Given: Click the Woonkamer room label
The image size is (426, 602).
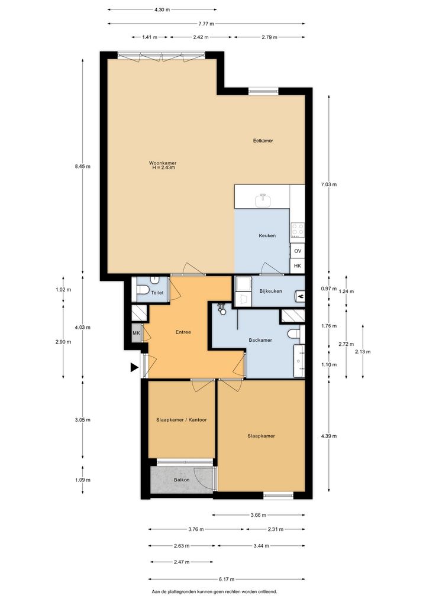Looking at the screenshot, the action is point(163,163).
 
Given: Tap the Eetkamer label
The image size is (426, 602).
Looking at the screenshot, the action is point(263,141).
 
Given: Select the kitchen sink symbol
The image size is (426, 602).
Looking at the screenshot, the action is point(263,200).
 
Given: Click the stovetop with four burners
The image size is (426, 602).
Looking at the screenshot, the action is point(298,230).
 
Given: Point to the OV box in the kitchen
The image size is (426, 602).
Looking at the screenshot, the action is point(298,251).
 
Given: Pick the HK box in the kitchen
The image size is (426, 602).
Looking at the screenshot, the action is point(298,266).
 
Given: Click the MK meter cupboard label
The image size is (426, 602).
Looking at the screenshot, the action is point(136,333).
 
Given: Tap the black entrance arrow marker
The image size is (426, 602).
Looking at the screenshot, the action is point(134,367).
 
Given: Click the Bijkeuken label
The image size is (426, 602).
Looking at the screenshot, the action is point(270,291).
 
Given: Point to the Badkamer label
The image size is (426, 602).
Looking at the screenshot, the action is point(260,340).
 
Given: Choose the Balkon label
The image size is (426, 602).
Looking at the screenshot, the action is point(182,480).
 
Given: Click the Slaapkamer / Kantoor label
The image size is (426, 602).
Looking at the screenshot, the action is point(182,420).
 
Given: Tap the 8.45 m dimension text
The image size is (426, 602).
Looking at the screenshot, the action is point(83,167).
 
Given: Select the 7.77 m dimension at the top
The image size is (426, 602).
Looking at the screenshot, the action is point(206,24).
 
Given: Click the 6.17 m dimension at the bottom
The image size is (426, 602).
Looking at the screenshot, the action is point(227,579).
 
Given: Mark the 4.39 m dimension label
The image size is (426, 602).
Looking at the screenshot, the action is point(329,436).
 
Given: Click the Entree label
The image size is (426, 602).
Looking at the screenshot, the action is point(183,332).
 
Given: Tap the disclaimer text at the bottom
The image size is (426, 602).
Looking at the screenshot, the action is point(214,592).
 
